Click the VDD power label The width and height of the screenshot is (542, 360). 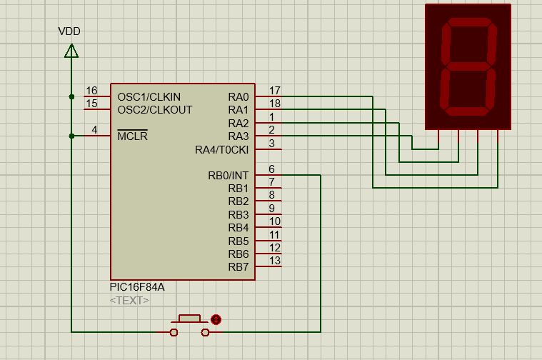click(69, 31)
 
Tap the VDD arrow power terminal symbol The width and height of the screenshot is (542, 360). click(71, 50)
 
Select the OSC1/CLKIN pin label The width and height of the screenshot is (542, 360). click(149, 96)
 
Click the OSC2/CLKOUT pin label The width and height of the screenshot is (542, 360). click(155, 110)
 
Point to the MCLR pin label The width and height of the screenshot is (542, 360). click(132, 136)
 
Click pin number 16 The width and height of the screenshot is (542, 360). click(91, 91)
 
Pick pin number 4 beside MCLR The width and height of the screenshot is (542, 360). click(94, 130)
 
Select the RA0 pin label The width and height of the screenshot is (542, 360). click(239, 96)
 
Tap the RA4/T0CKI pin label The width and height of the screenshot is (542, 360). click(221, 150)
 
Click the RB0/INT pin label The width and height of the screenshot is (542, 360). click(228, 176)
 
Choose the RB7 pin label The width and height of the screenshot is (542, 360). click(239, 267)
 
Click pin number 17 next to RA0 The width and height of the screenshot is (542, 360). click(274, 91)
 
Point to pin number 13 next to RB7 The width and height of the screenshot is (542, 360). click(275, 261)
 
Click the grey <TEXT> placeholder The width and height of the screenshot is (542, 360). click(129, 301)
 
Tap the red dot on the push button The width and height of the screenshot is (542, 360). click(216, 319)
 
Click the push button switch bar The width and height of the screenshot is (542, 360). click(189, 317)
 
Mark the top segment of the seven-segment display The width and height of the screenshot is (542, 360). click(470, 25)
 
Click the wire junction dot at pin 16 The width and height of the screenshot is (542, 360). click(71, 96)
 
